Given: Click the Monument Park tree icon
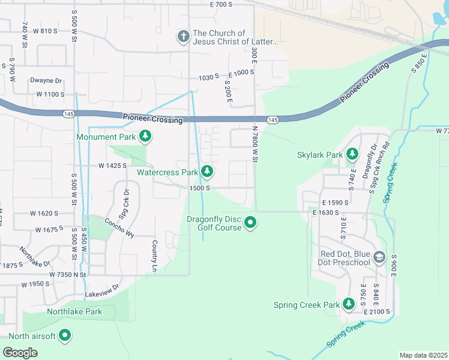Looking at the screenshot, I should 145,137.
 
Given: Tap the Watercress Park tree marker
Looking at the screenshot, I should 207,172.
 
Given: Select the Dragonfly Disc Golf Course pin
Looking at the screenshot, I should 251,223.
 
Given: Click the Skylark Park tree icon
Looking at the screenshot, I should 352,155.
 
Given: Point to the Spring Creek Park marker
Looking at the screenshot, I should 349,305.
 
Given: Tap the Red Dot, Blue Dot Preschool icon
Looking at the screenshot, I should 379,258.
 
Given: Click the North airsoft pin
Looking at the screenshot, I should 65,336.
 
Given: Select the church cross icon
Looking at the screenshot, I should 184,37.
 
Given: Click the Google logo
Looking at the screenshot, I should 20,353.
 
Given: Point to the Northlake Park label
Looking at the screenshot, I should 74,311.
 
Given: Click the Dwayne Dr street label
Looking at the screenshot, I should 46,80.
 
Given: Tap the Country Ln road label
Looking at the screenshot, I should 154,254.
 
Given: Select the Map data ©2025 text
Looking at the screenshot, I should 423,355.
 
